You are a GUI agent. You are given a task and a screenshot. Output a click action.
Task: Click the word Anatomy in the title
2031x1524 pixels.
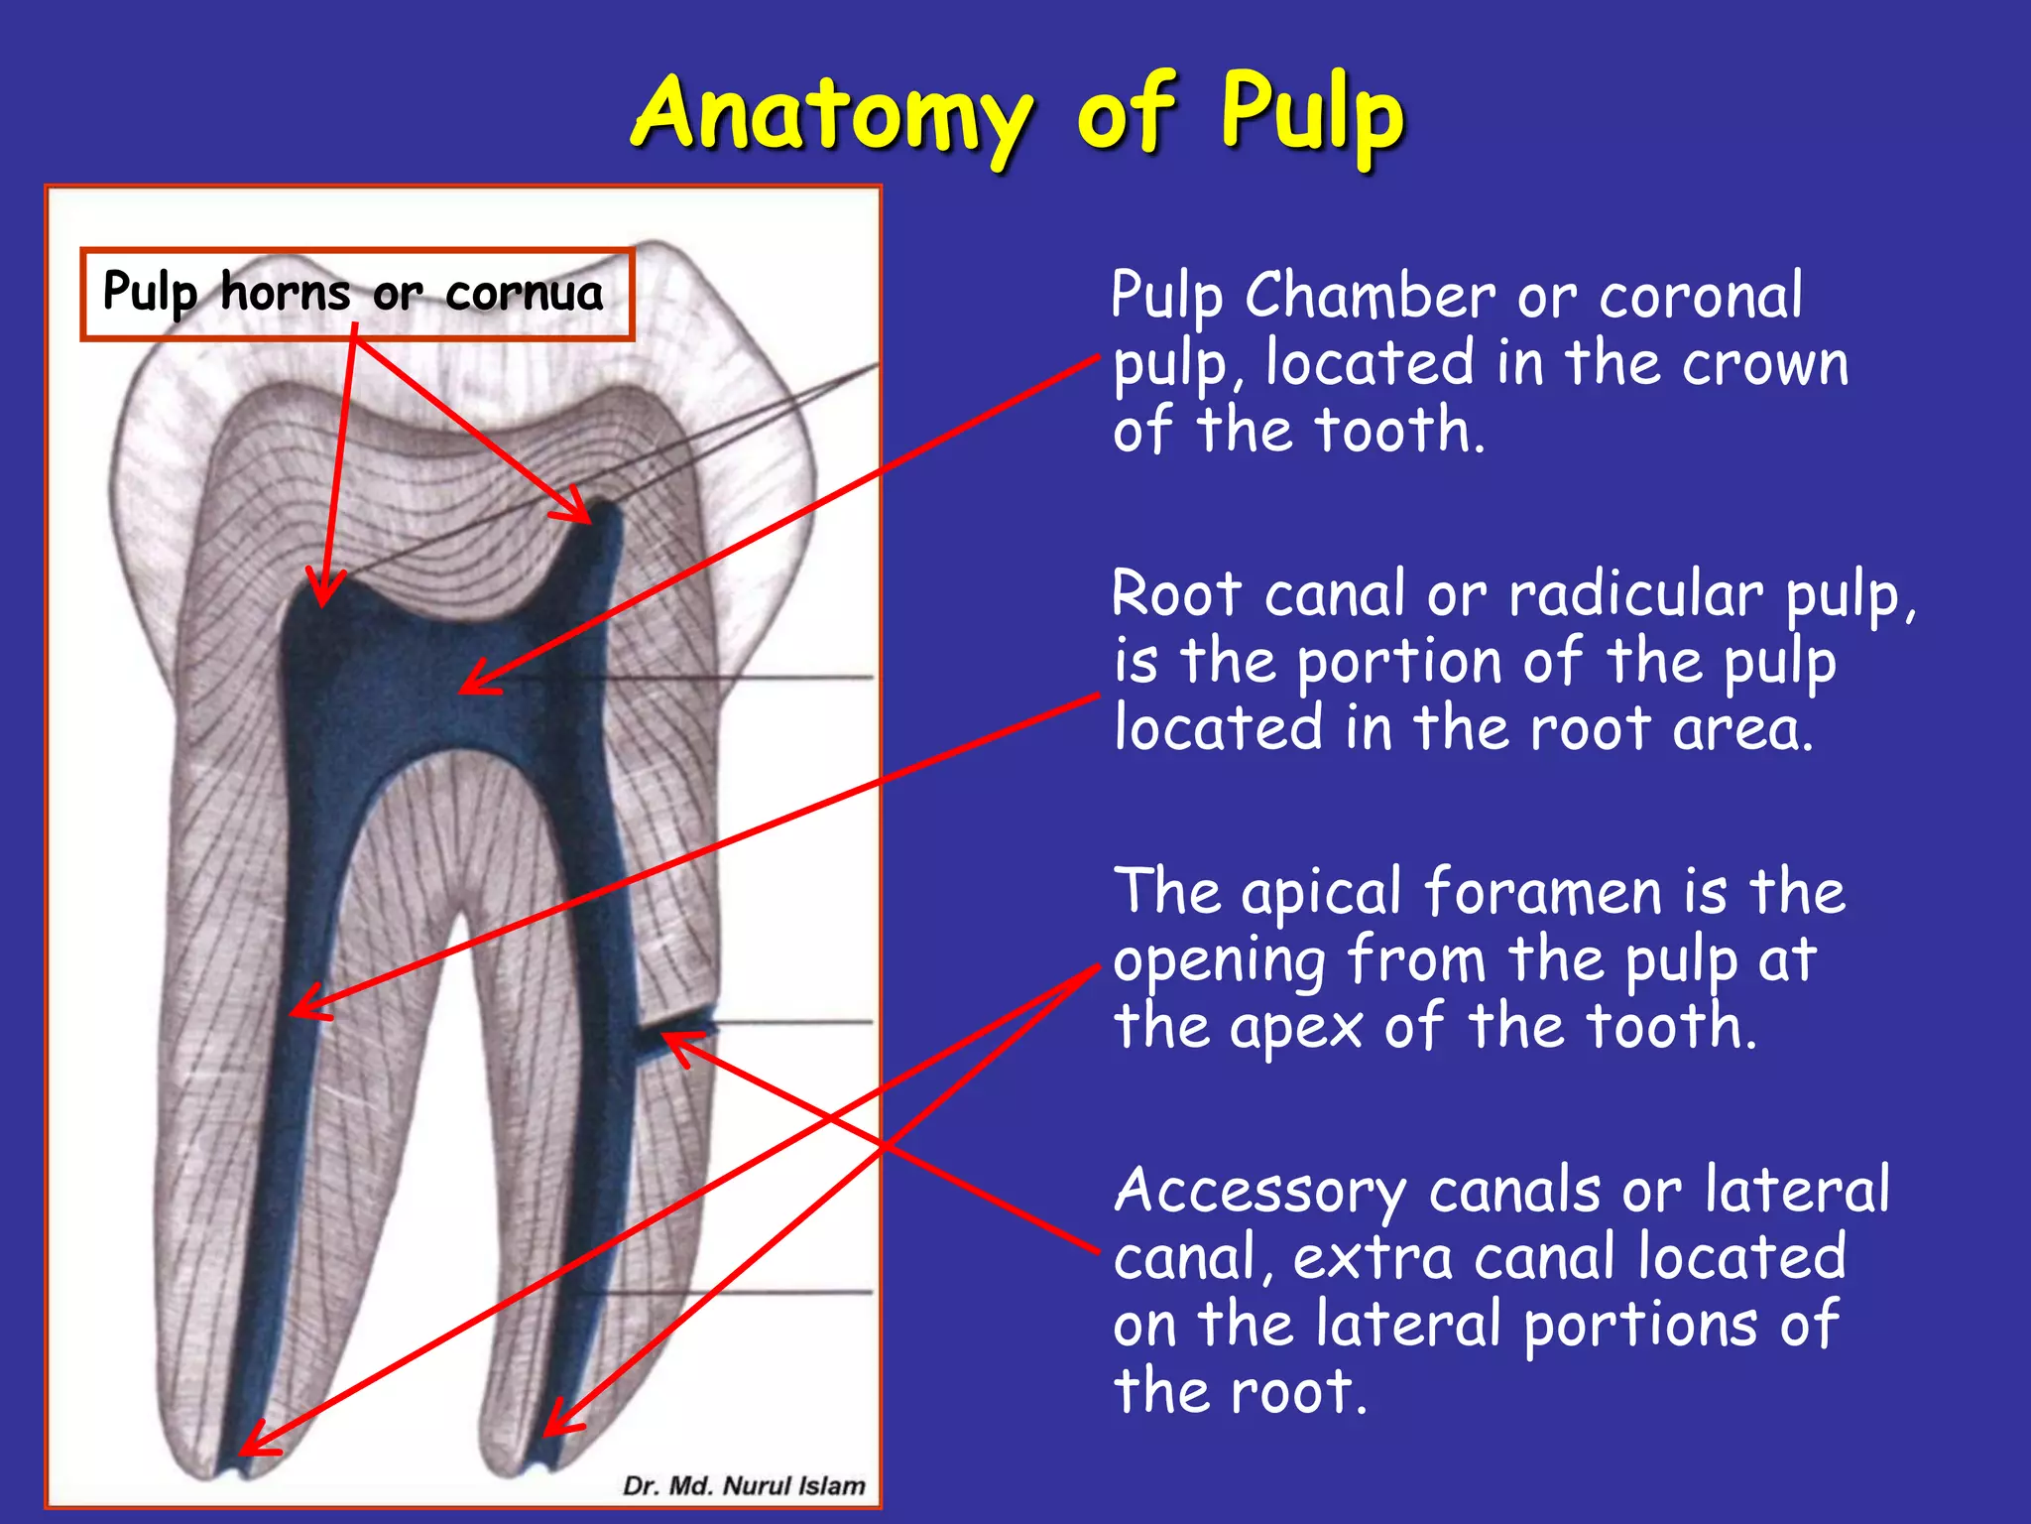pos(831,114)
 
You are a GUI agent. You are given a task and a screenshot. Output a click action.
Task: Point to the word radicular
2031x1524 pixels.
pos(1635,595)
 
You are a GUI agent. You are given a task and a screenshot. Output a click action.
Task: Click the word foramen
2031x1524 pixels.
pos(1542,892)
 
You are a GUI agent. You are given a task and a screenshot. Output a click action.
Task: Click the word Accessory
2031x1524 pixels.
pos(1259,1191)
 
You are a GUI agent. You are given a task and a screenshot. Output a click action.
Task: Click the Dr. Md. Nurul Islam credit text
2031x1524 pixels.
pos(744,1485)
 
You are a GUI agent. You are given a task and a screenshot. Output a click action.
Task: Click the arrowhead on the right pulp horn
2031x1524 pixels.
pos(580,511)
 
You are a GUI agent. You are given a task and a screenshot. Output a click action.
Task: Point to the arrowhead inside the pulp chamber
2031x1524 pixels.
pos(471,685)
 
